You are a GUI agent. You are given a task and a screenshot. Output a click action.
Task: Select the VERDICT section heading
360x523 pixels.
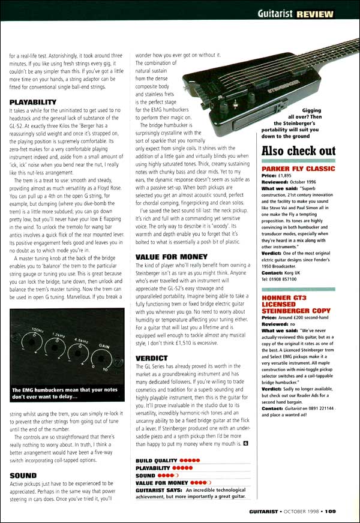pyautogui.click(x=151, y=358)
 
